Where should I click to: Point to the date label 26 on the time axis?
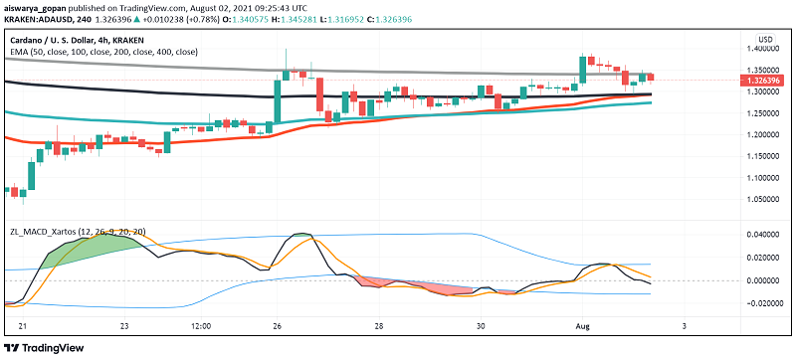tap(280, 325)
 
